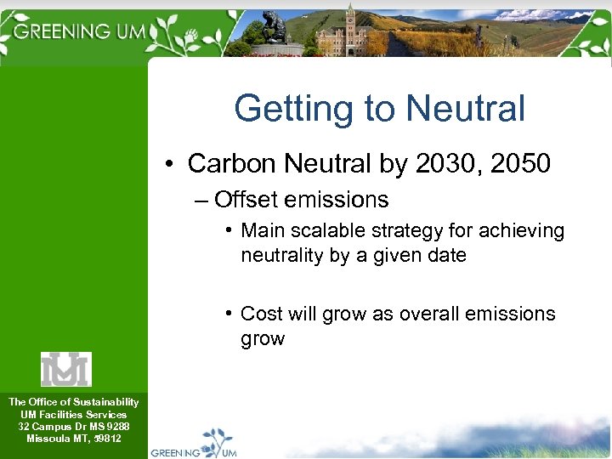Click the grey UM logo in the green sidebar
pos(65,369)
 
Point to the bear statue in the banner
pos(274,29)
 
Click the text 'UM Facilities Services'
pos(73,414)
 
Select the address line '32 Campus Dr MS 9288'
pos(73,426)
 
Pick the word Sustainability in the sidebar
pos(105,401)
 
